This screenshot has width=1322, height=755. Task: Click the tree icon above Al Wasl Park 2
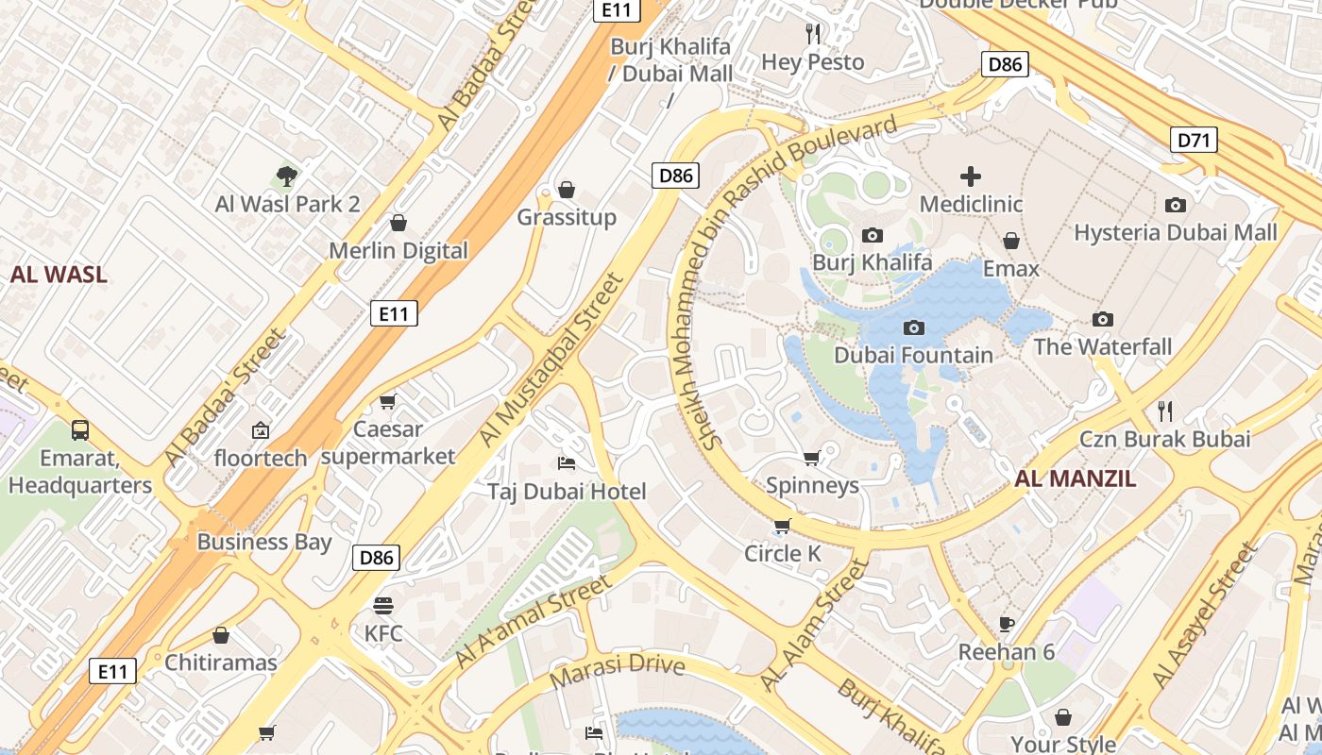click(287, 176)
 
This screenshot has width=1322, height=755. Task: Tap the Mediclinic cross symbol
click(971, 176)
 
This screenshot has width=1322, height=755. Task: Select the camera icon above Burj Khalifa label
click(873, 235)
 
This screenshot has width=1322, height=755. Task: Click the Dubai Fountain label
click(913, 356)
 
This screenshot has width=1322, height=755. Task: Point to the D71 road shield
click(1194, 141)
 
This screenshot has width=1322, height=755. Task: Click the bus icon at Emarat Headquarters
click(80, 430)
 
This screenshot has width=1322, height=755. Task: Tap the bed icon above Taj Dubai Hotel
click(567, 462)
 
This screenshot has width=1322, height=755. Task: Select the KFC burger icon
click(383, 605)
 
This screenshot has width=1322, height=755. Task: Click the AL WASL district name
click(59, 276)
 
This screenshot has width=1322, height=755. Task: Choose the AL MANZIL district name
click(1076, 478)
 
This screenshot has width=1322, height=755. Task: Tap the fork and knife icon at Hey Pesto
click(813, 34)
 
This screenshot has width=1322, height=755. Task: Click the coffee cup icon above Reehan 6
click(1007, 624)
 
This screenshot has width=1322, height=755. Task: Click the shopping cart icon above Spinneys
click(811, 459)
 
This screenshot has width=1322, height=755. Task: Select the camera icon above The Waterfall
click(1102, 320)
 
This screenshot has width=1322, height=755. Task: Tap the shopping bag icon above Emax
click(1010, 241)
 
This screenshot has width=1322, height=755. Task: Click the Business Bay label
click(264, 542)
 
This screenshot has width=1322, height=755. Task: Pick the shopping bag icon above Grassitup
click(567, 190)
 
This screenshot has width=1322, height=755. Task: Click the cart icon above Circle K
click(782, 526)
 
